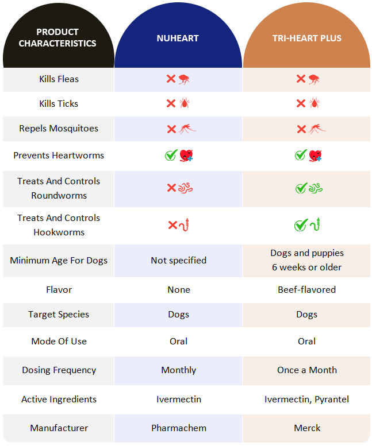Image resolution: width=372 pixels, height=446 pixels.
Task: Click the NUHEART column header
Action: pos(178,38)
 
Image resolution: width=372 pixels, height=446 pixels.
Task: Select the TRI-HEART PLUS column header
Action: pos(306,38)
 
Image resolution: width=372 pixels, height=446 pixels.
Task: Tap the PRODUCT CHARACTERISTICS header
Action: pos(57,37)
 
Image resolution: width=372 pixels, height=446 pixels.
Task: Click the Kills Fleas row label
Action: pos(59,79)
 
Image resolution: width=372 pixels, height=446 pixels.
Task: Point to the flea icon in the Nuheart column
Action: pos(184,79)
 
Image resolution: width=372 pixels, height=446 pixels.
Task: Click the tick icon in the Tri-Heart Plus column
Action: pos(314,103)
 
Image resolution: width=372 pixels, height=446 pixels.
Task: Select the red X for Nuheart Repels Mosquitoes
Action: pos(171,129)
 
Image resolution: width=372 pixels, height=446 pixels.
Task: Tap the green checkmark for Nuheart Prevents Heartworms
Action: pos(170,155)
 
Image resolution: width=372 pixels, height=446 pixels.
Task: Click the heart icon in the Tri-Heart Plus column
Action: pos(315,155)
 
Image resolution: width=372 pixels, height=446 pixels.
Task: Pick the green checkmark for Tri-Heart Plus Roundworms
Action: pos(301,188)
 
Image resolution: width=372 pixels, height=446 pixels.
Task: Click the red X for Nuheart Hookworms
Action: pos(172,225)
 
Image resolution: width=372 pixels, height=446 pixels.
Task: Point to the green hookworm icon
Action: pos(315,224)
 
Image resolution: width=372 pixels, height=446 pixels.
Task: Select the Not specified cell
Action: pos(178,260)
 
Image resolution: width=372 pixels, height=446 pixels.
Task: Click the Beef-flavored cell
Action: pos(306,290)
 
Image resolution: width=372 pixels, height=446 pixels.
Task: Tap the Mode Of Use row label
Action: pos(59,341)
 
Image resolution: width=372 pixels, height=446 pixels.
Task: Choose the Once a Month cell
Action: pos(306,370)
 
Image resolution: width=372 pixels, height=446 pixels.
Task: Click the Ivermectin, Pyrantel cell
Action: pos(306,399)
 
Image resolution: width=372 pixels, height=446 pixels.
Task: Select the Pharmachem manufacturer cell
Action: pos(178,428)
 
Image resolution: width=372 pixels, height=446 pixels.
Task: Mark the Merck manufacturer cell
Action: pos(306,428)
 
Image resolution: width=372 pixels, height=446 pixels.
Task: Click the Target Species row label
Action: pos(59,315)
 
